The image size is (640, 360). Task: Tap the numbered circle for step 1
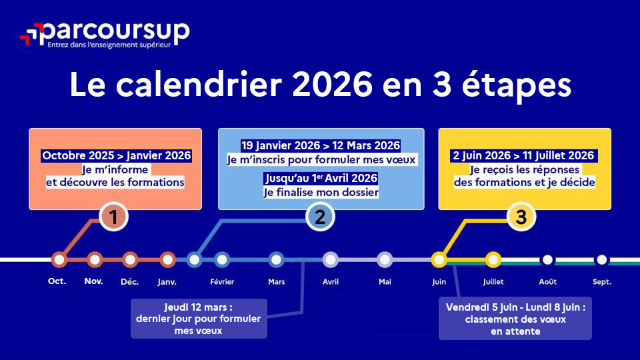(x=113, y=217)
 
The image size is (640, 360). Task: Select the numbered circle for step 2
(x=320, y=217)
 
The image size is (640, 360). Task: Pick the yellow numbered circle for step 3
(x=521, y=217)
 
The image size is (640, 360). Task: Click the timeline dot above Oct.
(x=59, y=259)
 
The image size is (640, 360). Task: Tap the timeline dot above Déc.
(x=131, y=259)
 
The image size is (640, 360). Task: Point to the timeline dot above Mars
(x=276, y=259)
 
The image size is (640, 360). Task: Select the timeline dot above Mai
(x=385, y=259)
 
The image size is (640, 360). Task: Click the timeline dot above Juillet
(x=493, y=259)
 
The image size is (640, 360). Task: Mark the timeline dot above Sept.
(x=601, y=259)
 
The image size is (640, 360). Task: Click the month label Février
(x=222, y=282)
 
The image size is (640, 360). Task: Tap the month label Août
(x=547, y=282)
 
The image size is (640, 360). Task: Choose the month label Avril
(x=331, y=282)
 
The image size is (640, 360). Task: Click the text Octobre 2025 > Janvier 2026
(x=116, y=156)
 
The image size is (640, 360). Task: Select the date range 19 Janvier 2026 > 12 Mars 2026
(x=321, y=145)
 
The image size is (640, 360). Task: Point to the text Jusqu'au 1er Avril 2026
(x=321, y=179)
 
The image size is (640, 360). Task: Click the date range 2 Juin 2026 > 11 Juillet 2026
(x=523, y=156)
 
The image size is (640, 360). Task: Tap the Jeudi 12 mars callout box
(x=199, y=319)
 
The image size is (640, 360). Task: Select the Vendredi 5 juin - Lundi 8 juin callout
(x=515, y=319)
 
